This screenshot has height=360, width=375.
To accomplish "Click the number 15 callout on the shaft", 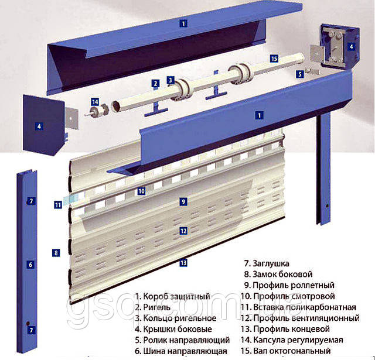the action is pos(274,59).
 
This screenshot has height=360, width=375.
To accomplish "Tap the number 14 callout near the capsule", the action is pos(95,102).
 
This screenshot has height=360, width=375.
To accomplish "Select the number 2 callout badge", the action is pos(155,83).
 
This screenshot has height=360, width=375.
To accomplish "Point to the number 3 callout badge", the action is pos(171,80).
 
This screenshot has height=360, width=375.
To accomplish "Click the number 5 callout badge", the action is pos(300,74).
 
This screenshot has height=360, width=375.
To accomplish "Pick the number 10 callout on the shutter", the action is pos(141,191).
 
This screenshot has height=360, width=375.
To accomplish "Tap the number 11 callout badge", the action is pos(58,205).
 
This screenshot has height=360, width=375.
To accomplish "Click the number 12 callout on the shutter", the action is pos(183,231).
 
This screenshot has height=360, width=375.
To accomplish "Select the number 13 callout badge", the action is pos(183,263).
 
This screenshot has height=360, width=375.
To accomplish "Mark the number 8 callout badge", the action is pos(56,252).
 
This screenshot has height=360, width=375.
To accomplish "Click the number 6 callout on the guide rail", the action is pos(30,265).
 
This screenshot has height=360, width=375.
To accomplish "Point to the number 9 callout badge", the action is pos(183,201).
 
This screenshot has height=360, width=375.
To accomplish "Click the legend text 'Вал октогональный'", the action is pos(292,351).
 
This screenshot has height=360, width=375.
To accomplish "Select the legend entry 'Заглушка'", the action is pos(271,263).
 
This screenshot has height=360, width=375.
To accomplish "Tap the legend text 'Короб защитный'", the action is pos(176,296).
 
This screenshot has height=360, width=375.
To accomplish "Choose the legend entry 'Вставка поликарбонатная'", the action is pos(305,307).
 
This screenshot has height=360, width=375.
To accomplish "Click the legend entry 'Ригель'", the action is pos(156,307).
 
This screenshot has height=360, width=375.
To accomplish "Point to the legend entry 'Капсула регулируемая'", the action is pos(298,340).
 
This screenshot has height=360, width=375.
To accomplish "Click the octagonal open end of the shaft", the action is pos(116,107).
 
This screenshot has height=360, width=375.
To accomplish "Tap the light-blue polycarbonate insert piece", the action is pos(71,198).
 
